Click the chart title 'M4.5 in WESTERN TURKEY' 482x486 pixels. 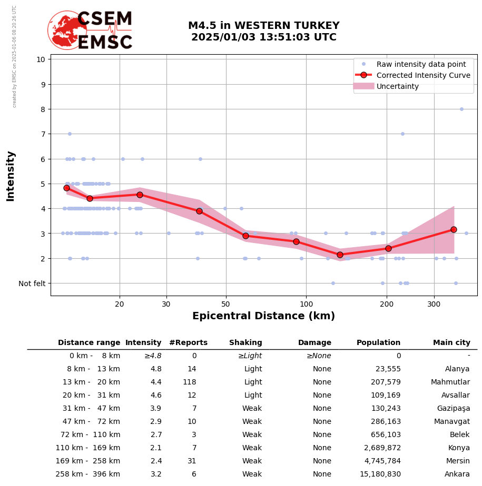(263, 26)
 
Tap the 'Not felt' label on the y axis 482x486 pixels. (32, 283)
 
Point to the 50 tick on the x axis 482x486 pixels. (225, 304)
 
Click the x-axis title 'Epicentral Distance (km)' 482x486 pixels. (263, 316)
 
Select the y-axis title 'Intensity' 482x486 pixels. (11, 176)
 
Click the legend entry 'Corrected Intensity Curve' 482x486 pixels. (423, 75)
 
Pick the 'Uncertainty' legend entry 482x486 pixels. (398, 86)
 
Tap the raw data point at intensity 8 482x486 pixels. (461, 109)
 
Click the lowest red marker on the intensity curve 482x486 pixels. (340, 255)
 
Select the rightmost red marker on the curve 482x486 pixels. (454, 229)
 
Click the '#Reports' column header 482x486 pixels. (188, 343)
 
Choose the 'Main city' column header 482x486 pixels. (451, 343)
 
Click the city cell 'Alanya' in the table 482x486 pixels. (457, 369)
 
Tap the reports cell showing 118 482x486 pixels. (189, 382)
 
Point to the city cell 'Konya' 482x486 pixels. (459, 448)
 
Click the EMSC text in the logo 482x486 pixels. (105, 43)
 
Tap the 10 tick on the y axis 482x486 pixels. (41, 59)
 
